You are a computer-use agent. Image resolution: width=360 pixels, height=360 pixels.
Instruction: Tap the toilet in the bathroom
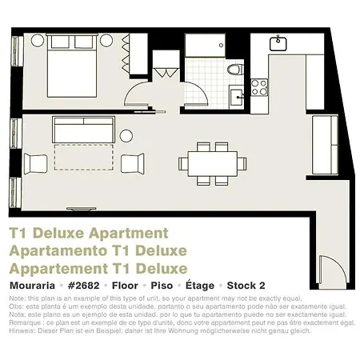234,70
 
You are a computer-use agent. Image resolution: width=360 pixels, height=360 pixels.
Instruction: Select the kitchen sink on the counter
279,43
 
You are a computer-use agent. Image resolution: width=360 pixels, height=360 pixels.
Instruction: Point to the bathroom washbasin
236,97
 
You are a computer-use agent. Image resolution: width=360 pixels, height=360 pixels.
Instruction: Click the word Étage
200,284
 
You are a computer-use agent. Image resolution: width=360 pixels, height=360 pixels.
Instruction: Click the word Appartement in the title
61,268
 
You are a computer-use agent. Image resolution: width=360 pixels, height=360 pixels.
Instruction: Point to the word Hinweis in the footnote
22,330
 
